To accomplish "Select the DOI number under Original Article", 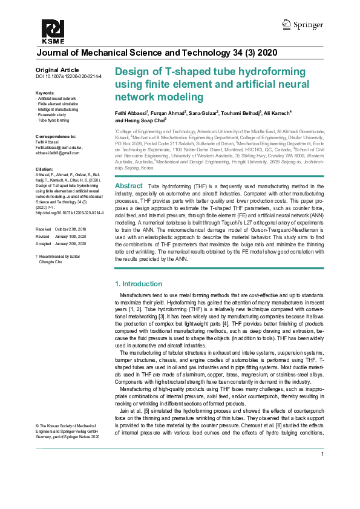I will pyautogui.click(x=68, y=77).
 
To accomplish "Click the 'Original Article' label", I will pyautogui.click(x=57, y=71).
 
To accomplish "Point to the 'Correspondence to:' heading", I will pyautogui.click(x=56, y=137).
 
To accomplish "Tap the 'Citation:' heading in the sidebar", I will pyautogui.click(x=45, y=169).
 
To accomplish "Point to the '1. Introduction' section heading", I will pyautogui.click(x=138, y=284).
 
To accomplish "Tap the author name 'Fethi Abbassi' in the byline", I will pyautogui.click(x=131, y=113).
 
